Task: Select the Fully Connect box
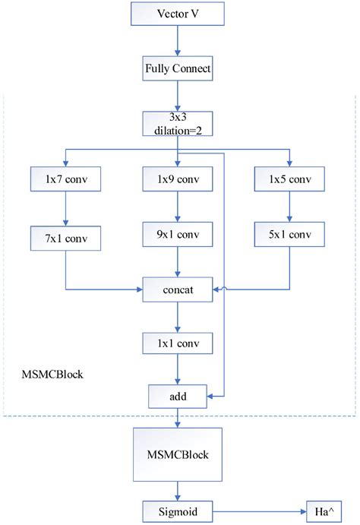pos(178,70)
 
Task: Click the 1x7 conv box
pos(66,179)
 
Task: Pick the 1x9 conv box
pos(178,179)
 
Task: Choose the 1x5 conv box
pos(290,179)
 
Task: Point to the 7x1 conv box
pos(66,238)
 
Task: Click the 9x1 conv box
pos(178,235)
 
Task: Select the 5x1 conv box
pos(290,234)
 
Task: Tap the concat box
pos(178,289)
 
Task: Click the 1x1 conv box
pos(178,343)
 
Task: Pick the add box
pos(178,396)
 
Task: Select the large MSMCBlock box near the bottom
pos(178,454)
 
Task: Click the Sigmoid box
pos(178,510)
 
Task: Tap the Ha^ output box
pos(322,510)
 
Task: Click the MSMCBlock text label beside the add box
pos(52,375)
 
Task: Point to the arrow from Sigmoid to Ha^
pos(258,510)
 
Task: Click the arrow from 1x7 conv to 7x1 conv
pos(66,208)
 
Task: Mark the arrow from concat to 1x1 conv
pos(178,316)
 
